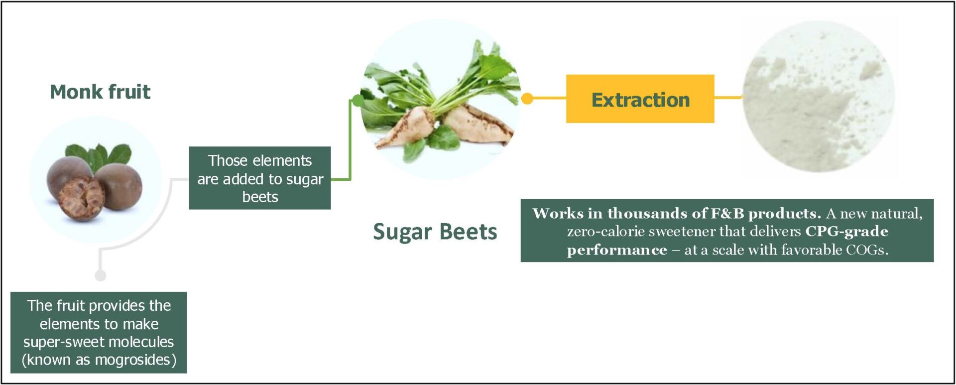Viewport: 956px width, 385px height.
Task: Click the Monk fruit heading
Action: (x=100, y=92)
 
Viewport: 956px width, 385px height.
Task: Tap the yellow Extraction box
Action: (x=640, y=99)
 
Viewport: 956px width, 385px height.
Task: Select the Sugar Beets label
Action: (x=435, y=232)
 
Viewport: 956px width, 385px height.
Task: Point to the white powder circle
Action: (x=819, y=96)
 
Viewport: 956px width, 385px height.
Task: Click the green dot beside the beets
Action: (x=358, y=101)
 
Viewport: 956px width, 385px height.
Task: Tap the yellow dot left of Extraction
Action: (x=527, y=99)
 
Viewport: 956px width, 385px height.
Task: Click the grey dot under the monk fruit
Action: (x=101, y=275)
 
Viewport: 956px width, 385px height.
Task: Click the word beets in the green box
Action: (x=260, y=197)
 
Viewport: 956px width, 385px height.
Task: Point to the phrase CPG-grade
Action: (x=846, y=231)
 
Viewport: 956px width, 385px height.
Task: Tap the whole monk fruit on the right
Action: (x=119, y=186)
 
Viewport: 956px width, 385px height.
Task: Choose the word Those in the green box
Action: (x=227, y=161)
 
